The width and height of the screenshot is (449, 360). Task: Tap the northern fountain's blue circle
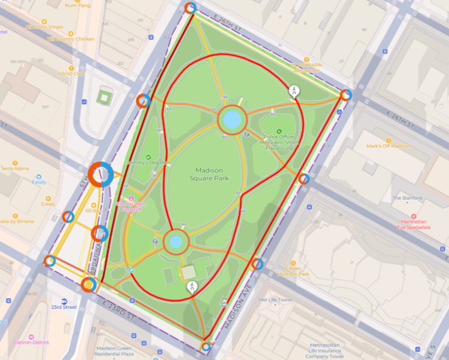pyautogui.click(x=232, y=118)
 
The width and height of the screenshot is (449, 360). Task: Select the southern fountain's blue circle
pyautogui.click(x=175, y=242)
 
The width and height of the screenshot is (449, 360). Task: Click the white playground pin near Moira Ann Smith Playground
pyautogui.click(x=295, y=91)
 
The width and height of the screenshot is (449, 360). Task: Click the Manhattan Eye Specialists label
pyautogui.click(x=414, y=224)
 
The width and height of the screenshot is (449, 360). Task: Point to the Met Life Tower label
pyautogui.click(x=276, y=299)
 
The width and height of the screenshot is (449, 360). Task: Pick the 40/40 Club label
pyautogui.click(x=71, y=73)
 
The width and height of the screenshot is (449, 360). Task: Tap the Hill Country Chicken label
pyautogui.click(x=71, y=39)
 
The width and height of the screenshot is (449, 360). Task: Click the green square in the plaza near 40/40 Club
pyautogui.click(x=105, y=96)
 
